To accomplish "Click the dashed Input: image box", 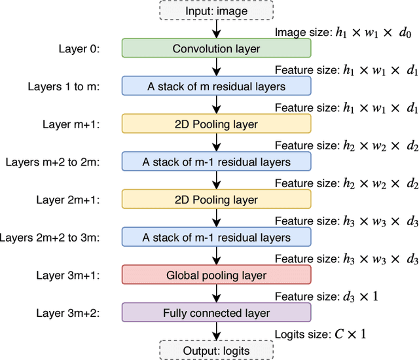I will pos(216,10).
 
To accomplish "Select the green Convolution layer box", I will pos(216,48).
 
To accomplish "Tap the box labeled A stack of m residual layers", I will pos(216,86).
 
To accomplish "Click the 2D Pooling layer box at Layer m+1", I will pos(216,124).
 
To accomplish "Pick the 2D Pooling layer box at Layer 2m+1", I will pos(216,200).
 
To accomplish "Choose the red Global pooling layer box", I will pos(216,276).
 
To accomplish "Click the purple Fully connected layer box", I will pos(216,313).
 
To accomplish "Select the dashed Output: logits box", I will pos(216,351).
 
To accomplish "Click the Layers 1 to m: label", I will pos(64,86).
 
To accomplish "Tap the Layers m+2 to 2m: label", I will pos(54,162).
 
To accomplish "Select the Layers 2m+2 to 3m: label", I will pos(50,238).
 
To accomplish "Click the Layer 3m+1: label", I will pos(68,276).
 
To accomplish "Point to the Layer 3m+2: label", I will pos(68,313).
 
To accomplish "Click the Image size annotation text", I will pos(346,31).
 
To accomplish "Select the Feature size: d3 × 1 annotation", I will pos(327,297).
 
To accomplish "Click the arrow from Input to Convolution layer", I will pos(216,29).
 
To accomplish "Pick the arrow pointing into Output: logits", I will pos(216,332).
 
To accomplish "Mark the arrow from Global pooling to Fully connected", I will pos(216,294).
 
